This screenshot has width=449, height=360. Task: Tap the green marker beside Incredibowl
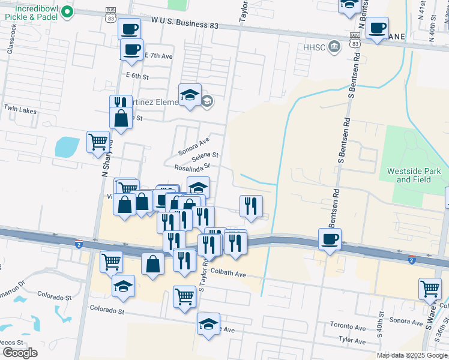[x=67, y=11]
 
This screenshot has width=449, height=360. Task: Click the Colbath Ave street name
[x=228, y=274]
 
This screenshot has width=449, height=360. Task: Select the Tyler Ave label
[x=352, y=340]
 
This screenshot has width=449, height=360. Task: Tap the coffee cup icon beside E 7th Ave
[x=132, y=50]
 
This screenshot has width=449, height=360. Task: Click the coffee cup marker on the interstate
[x=330, y=239]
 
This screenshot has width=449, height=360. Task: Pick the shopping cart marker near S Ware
[x=430, y=289]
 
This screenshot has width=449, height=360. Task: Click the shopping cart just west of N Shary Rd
[x=98, y=142]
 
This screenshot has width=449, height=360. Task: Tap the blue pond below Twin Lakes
[x=67, y=146]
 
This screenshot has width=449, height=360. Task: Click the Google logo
[x=19, y=352]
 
